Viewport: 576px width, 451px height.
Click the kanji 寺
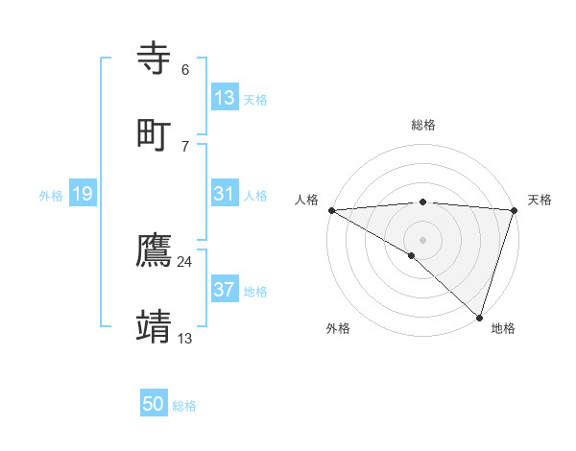tap(156, 59)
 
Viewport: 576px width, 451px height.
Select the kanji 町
tap(156, 133)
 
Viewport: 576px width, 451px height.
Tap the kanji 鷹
tap(156, 251)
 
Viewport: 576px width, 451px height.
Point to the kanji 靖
tap(156, 326)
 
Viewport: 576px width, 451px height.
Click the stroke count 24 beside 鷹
tap(185, 262)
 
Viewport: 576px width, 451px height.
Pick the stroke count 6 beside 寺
tap(185, 70)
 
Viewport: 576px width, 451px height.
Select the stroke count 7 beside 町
tap(185, 145)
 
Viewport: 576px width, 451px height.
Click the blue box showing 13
tap(225, 98)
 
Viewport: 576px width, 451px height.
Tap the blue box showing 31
tap(225, 194)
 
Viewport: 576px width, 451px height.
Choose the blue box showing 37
tap(225, 290)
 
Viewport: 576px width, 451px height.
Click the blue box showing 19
tap(82, 194)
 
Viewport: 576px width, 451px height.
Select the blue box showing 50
tap(154, 404)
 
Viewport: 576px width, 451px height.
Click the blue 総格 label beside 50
tap(184, 406)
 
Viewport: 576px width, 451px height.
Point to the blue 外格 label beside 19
tap(51, 196)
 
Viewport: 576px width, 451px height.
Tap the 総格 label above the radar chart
tap(423, 125)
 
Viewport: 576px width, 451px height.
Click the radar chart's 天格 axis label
tap(540, 200)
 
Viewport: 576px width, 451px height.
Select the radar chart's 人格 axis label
tap(306, 200)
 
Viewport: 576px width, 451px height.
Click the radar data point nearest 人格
tap(331, 209)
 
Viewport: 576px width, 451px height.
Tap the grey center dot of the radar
tap(422, 239)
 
